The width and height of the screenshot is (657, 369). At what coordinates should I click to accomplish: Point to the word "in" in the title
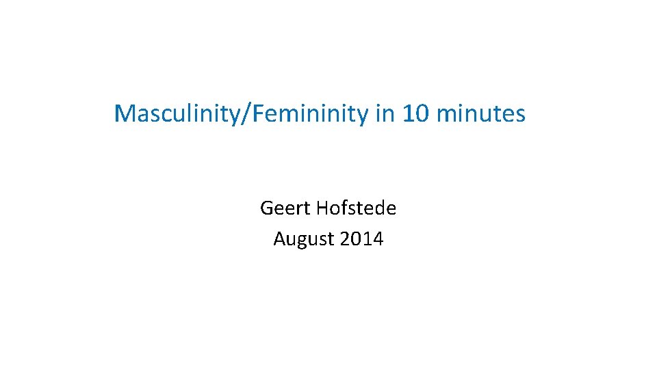(x=384, y=113)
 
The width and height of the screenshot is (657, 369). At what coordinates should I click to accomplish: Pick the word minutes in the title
(x=480, y=113)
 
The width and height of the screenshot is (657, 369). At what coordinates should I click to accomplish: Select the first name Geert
(x=281, y=208)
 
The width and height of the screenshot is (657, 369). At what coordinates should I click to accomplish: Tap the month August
(x=302, y=239)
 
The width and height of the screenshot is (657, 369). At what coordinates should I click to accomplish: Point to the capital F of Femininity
(x=259, y=113)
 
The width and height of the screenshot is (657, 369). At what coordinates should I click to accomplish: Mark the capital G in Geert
(x=266, y=208)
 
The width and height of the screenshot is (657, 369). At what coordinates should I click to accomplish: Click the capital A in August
(x=279, y=239)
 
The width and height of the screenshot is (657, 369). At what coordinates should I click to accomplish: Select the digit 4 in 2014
(x=378, y=239)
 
